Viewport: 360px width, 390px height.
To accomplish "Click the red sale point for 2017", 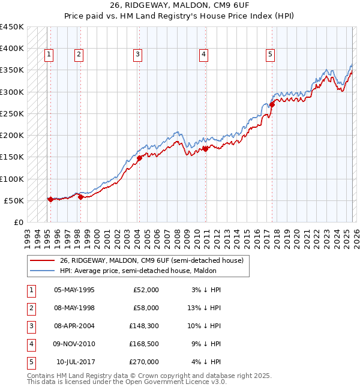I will (272, 104).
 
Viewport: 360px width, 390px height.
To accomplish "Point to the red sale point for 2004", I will (139, 158).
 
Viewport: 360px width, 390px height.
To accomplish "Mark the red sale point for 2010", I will (205, 149).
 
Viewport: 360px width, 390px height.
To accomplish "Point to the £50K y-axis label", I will (14, 200).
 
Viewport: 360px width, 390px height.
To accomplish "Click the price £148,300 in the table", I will (145, 325).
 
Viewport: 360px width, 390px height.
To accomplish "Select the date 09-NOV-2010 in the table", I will (74, 343).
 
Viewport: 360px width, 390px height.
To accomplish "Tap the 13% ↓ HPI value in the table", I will (207, 307).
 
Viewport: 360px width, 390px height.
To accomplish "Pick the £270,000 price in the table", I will (145, 361).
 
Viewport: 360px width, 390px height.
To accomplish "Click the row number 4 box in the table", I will (31, 343).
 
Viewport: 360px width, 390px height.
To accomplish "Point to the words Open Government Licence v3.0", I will (176, 382).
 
